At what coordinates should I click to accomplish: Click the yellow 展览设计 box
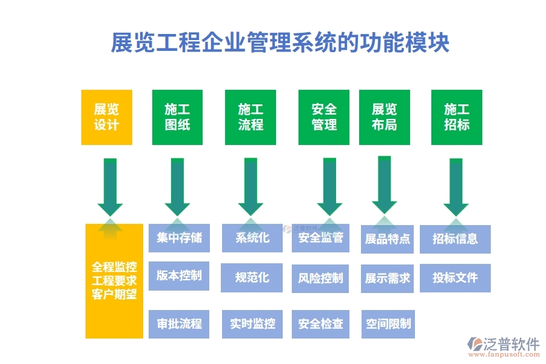106,117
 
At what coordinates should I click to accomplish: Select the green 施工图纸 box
177,117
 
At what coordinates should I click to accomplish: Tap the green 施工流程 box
251,117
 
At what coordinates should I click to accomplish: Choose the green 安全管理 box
324,117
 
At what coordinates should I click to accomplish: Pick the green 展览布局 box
385,117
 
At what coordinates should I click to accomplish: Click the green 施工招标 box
457,117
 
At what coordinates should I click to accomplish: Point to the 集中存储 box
179,238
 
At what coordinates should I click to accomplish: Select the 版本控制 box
179,275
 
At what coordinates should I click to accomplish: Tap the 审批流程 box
179,323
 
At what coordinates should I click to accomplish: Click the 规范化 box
252,278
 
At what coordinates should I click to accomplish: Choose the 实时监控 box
252,323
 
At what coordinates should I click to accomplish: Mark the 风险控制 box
321,278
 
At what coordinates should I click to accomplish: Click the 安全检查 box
321,323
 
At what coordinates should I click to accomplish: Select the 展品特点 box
387,239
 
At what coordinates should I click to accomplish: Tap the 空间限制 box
387,323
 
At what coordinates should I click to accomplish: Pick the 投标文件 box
456,278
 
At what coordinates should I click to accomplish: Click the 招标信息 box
456,239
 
